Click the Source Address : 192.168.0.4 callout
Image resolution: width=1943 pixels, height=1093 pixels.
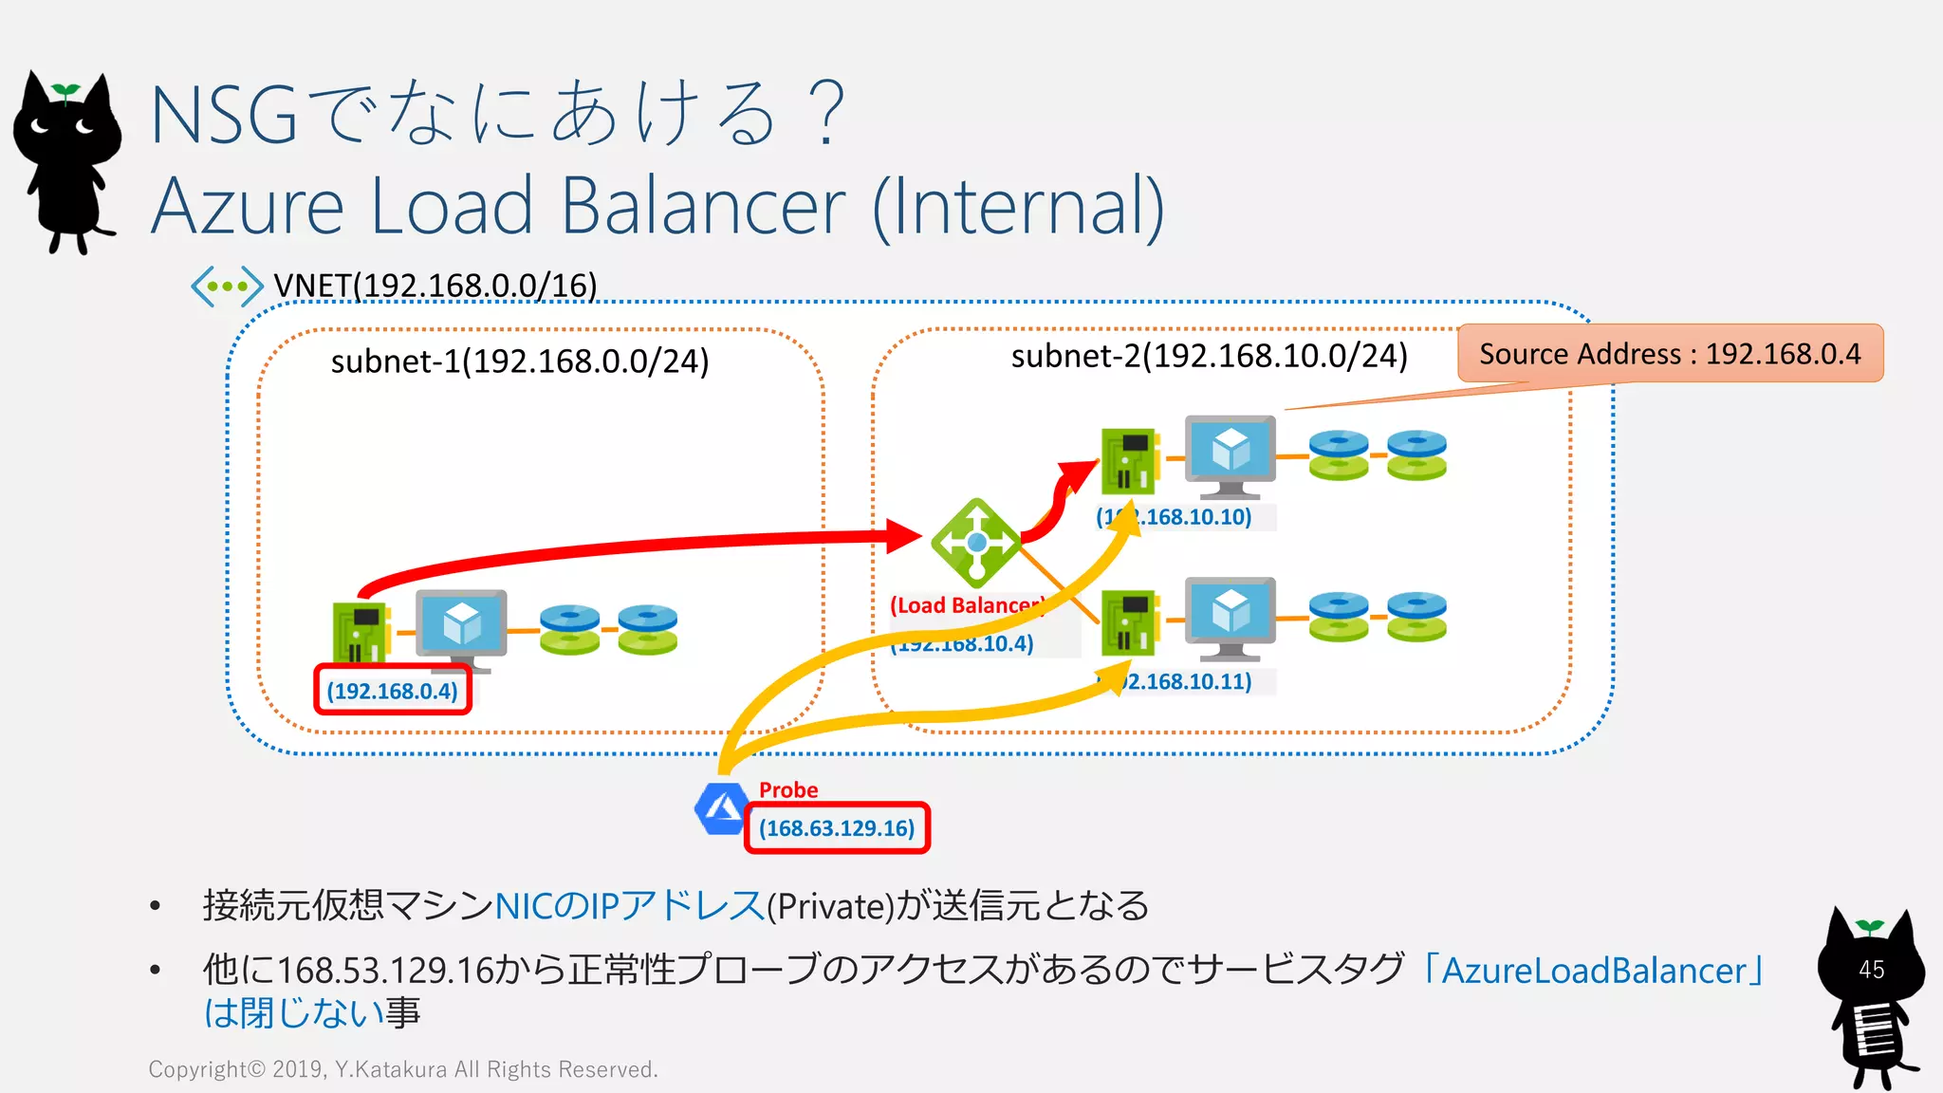tap(1670, 354)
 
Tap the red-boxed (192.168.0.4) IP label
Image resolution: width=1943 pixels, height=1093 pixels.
tap(393, 691)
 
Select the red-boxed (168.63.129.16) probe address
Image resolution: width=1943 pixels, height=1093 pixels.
tap(837, 828)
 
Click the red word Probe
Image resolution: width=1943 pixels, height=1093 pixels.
tap(788, 789)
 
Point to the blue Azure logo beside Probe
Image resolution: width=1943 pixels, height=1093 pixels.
tap(721, 809)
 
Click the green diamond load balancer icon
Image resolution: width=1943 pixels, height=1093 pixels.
tap(975, 543)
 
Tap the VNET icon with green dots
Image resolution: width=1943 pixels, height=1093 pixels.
tap(227, 286)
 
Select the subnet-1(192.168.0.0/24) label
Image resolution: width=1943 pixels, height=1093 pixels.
tap(520, 361)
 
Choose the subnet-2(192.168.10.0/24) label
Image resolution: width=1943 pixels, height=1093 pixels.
tap(1209, 356)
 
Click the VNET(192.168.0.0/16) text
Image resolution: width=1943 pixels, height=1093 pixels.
tap(435, 286)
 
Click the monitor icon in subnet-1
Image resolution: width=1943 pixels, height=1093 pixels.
tap(462, 626)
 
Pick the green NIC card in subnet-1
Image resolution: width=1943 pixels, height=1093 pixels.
tap(361, 631)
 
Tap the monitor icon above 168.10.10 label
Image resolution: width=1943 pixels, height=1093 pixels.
tap(1230, 454)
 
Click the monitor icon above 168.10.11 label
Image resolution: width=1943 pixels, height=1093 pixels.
tap(1230, 616)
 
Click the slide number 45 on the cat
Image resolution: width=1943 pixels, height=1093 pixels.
tap(1871, 970)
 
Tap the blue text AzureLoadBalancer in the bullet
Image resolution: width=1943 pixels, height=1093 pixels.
tap(1594, 971)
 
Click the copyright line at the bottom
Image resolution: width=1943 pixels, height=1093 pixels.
tap(403, 1069)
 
